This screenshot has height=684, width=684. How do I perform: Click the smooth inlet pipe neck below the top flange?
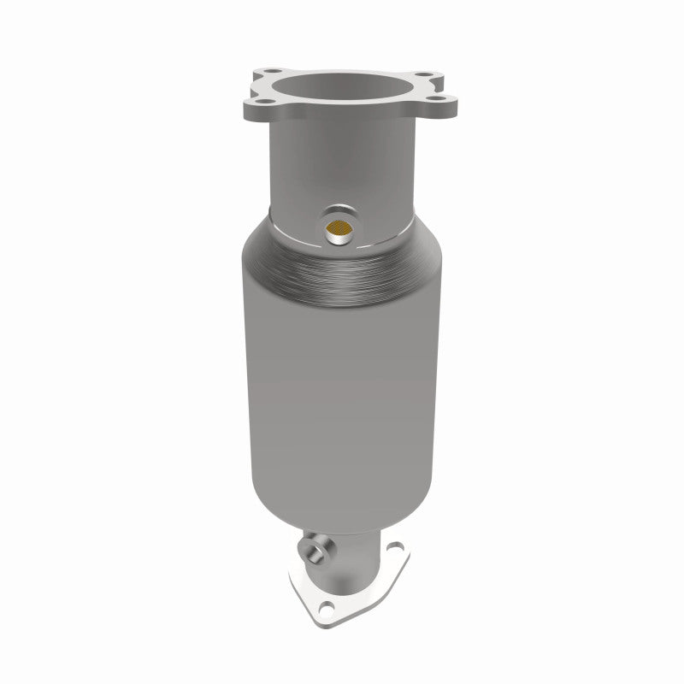pos(342,162)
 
